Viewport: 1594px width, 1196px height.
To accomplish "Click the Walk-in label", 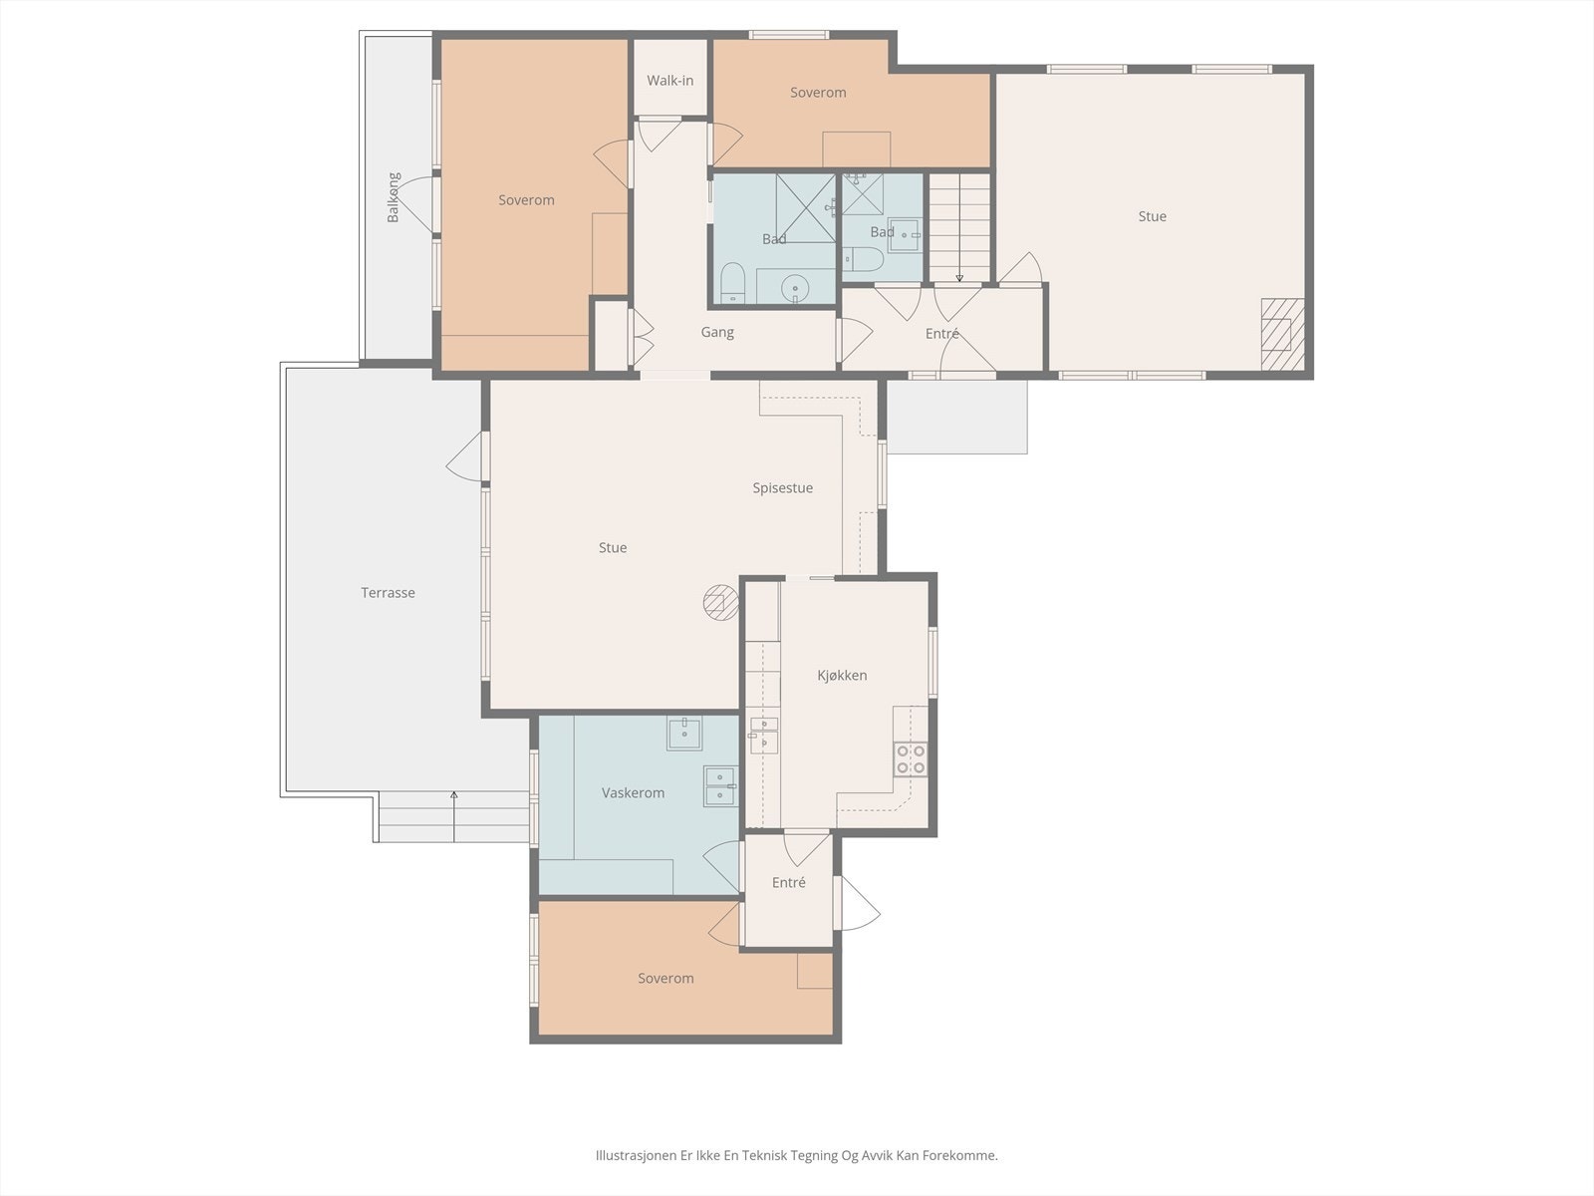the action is [x=669, y=81].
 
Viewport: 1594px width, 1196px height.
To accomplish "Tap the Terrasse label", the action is [x=388, y=593].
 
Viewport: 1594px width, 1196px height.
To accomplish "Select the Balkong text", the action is [x=393, y=197].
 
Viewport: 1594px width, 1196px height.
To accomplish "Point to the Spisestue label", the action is [x=782, y=488].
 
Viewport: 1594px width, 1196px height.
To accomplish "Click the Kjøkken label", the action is [x=842, y=676].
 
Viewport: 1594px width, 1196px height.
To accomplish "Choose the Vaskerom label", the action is [x=633, y=793].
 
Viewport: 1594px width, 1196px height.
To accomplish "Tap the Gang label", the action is [x=716, y=333].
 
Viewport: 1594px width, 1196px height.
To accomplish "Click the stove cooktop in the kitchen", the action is [x=910, y=758].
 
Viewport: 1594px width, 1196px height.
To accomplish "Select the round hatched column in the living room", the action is [x=721, y=603].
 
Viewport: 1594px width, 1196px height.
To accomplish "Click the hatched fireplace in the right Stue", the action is [x=1282, y=334].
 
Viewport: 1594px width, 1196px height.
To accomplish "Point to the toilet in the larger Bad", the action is [x=732, y=282].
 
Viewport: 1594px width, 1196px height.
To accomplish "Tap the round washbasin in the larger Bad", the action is [x=795, y=288].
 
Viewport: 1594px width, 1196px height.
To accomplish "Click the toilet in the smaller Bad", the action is [x=863, y=258].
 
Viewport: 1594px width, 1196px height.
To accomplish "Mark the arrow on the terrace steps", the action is [x=454, y=817].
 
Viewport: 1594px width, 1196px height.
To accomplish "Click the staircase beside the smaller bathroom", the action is [x=960, y=227].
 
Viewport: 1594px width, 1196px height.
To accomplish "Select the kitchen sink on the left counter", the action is [x=763, y=736].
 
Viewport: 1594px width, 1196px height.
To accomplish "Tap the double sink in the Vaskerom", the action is [x=720, y=786].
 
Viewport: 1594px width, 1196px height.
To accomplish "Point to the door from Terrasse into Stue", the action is [x=465, y=456].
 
